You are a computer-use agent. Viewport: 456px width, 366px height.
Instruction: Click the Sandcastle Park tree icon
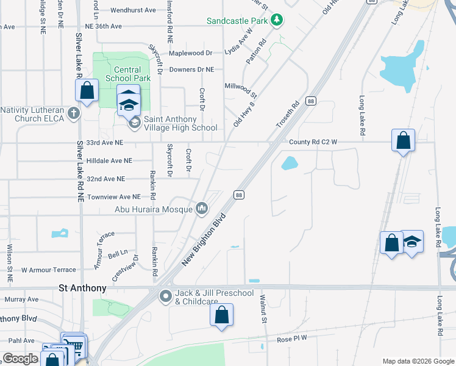pyautogui.click(x=277, y=20)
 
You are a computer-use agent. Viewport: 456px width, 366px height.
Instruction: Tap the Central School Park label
pyautogui.click(x=127, y=74)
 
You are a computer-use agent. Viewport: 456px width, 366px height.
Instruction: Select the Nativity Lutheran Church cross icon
pyautogui.click(x=74, y=113)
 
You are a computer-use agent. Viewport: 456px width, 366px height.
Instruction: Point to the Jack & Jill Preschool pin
pyautogui.click(x=165, y=297)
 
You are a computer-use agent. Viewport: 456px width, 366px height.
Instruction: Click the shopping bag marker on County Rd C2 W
pyautogui.click(x=404, y=141)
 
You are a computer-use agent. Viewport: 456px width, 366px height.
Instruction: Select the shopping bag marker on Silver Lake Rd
pyautogui.click(x=87, y=91)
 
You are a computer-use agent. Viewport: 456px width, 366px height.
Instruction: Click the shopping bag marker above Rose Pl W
pyautogui.click(x=221, y=315)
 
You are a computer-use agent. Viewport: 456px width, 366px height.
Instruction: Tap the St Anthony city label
pyautogui.click(x=82, y=288)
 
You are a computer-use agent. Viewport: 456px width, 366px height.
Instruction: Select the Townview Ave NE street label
pyautogui.click(x=113, y=197)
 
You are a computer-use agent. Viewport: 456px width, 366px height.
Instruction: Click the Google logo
pyautogui.click(x=21, y=359)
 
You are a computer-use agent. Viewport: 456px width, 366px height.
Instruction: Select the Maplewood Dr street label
pyautogui.click(x=190, y=53)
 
